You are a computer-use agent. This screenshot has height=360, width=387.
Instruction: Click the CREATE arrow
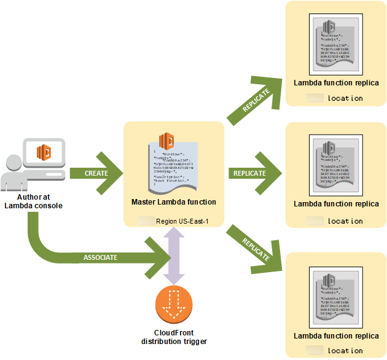[95, 173]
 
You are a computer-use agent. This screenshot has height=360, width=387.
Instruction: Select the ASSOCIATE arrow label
[100, 257]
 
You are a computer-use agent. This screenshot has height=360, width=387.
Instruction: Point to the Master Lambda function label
[173, 202]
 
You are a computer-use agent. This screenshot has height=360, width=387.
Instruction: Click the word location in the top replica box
[345, 98]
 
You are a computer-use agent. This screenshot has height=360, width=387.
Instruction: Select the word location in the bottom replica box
[345, 351]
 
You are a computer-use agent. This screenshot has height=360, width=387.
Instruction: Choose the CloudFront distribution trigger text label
[173, 337]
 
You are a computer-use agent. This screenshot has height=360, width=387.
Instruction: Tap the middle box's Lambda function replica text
[336, 204]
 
